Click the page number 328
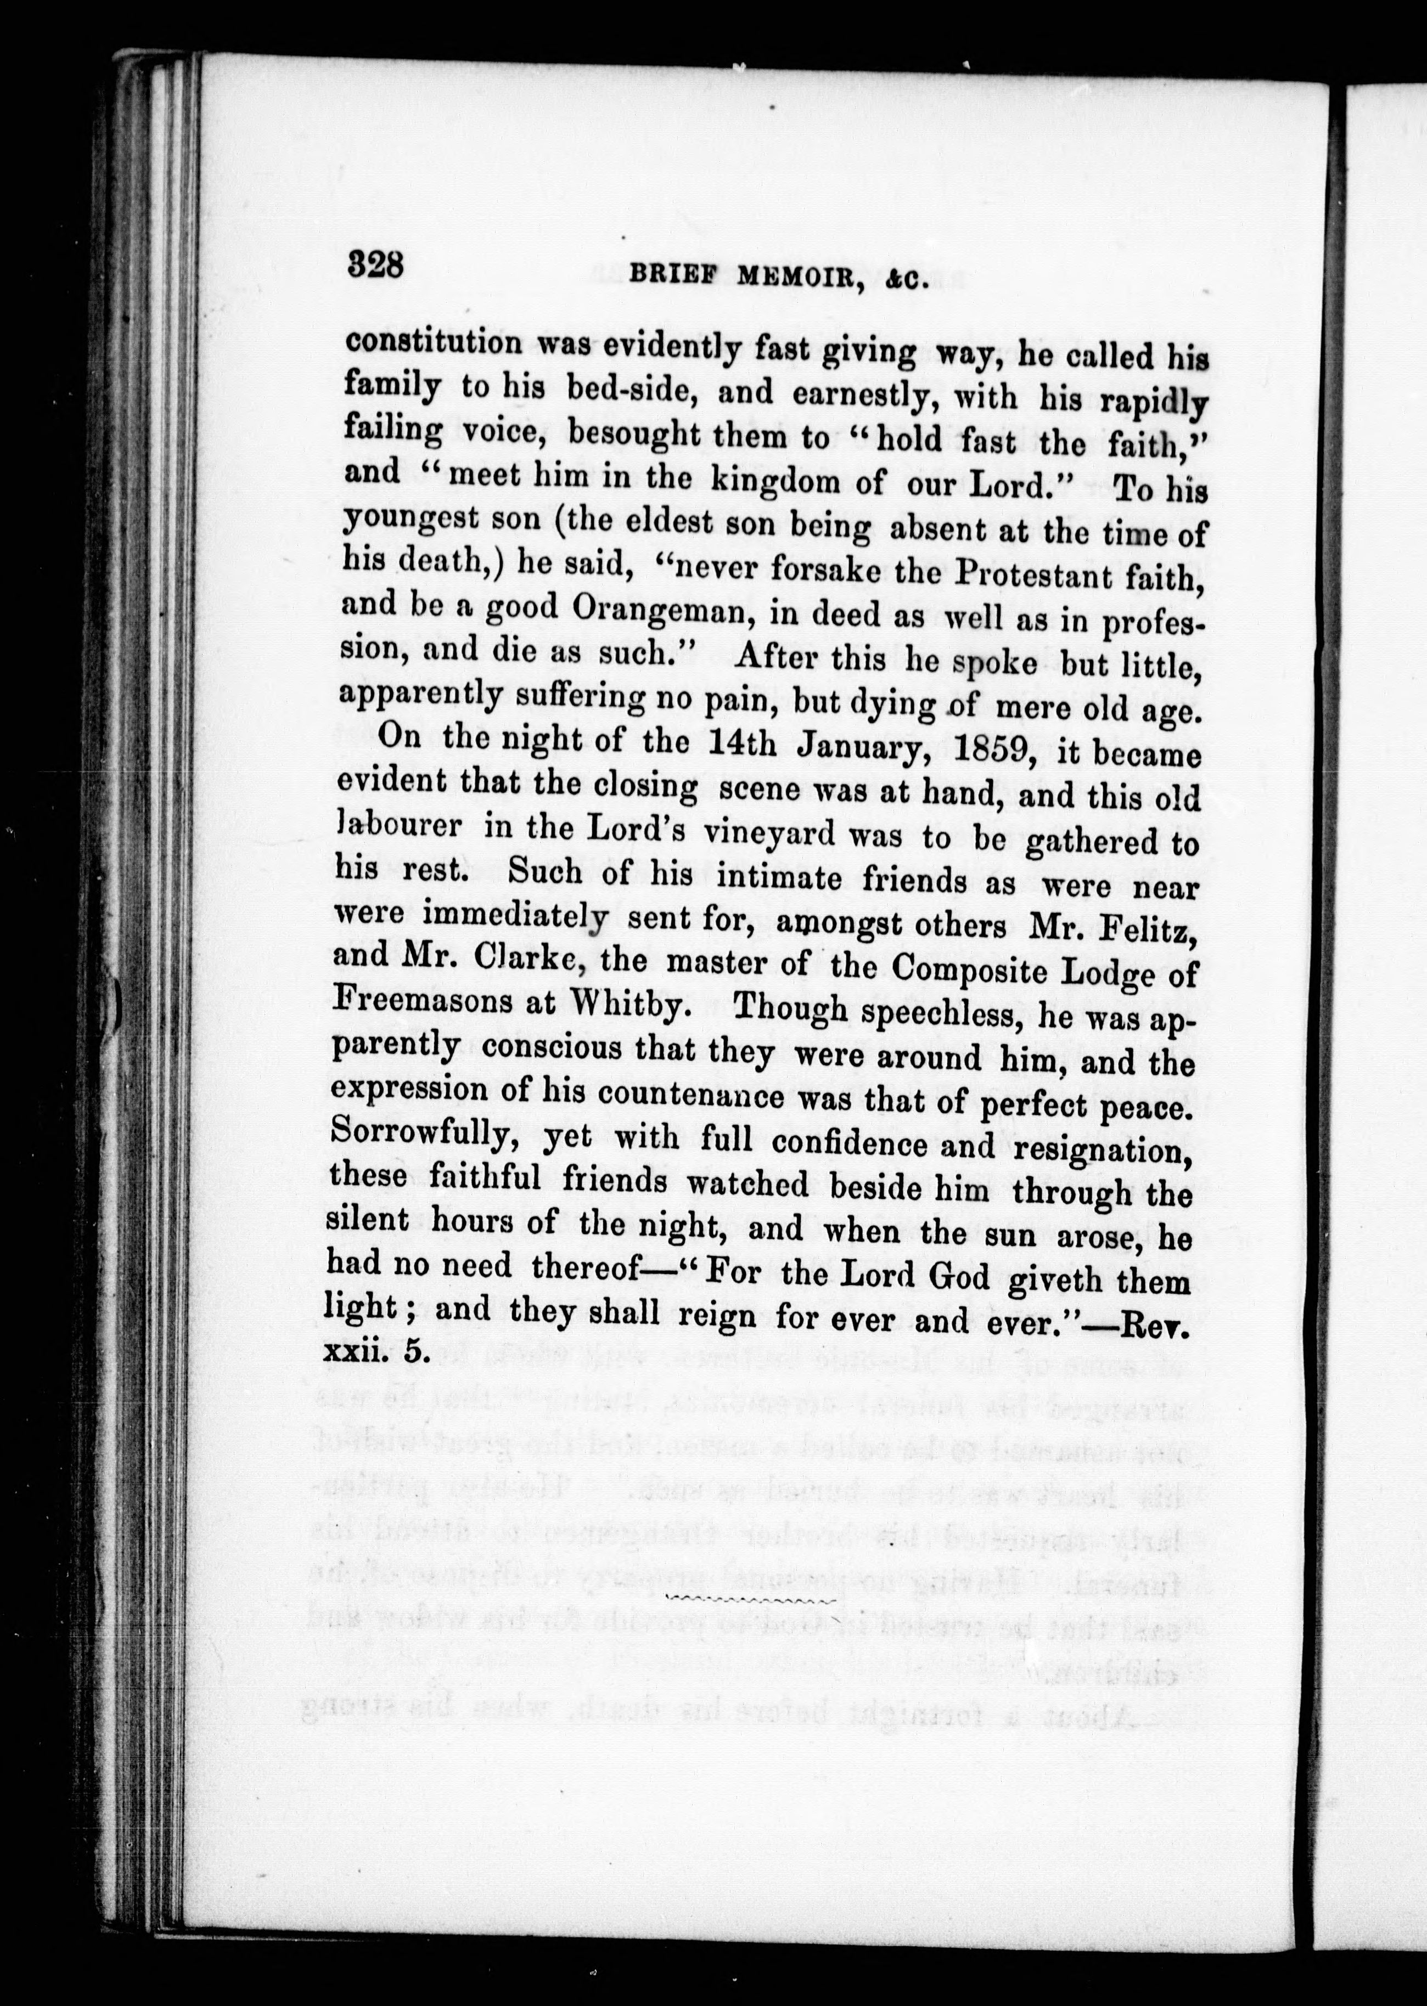pos(375,263)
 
